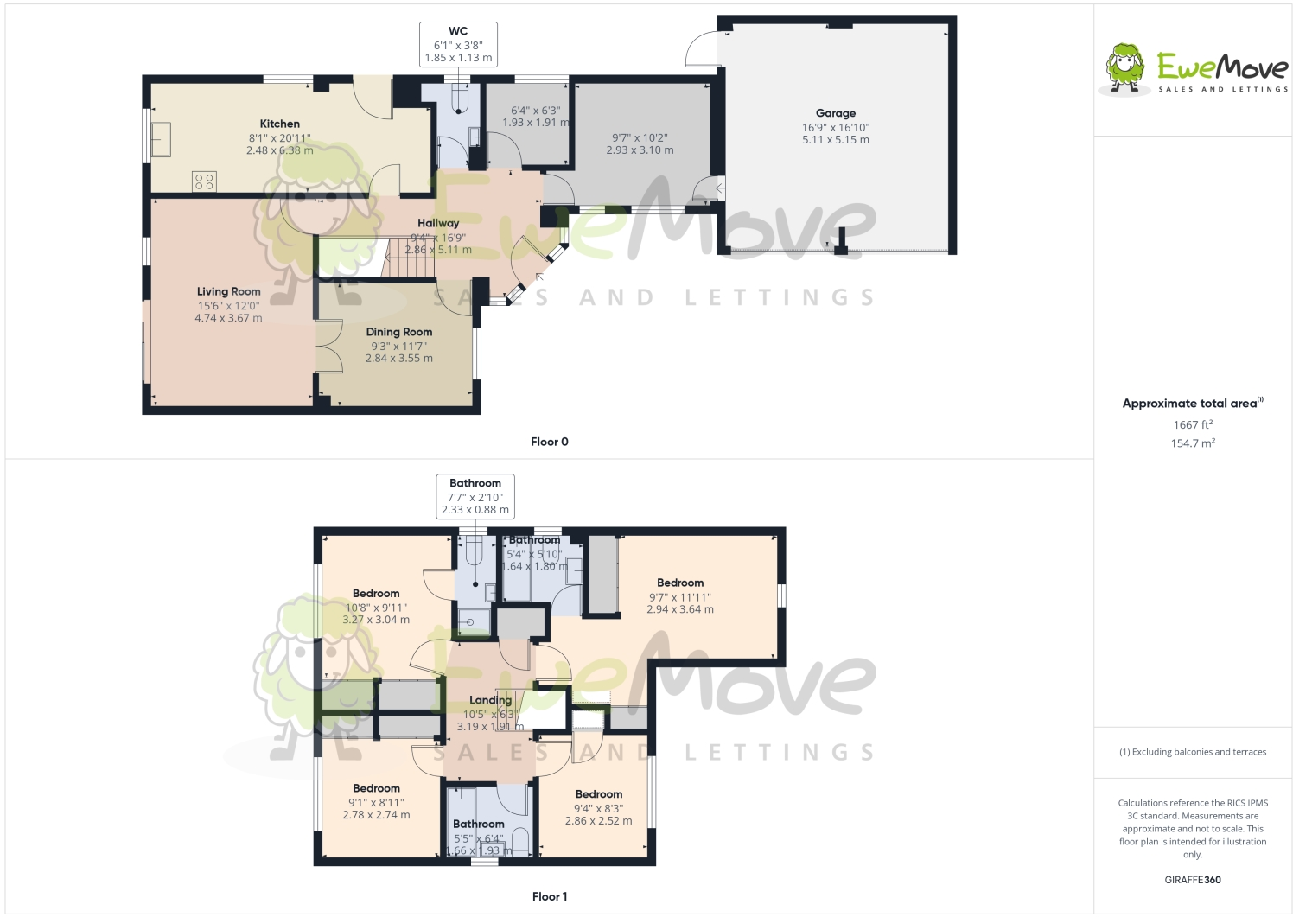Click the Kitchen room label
pos(279,124)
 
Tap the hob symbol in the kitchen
pos(205,181)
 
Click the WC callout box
pos(458,44)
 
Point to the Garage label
pos(835,113)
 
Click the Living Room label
pos(228,292)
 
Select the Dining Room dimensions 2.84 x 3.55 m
pos(398,359)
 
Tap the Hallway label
pos(438,223)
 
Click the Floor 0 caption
pos(549,442)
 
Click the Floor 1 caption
pos(549,896)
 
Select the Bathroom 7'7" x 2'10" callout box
pos(475,496)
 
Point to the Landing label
pos(490,700)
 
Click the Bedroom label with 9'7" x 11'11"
pos(680,583)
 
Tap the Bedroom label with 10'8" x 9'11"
pos(376,594)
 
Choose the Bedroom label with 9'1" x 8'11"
pos(376,788)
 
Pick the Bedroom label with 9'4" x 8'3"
pos(598,794)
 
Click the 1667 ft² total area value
pos(1192,424)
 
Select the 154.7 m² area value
pos(1192,443)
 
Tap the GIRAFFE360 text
pos(1192,880)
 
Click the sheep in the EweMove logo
pos(1125,67)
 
